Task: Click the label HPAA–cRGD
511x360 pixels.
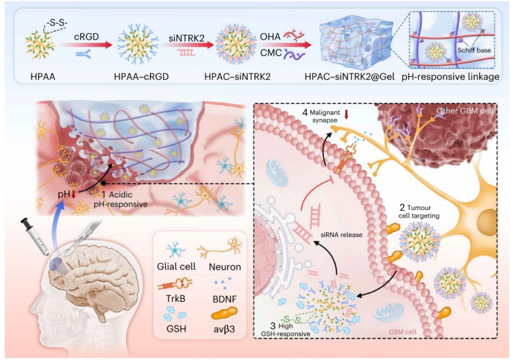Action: (141, 76)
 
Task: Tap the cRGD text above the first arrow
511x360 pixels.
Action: (86, 37)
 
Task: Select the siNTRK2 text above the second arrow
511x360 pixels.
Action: (186, 38)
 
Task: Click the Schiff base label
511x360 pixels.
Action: (474, 50)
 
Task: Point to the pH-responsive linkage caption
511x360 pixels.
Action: (450, 76)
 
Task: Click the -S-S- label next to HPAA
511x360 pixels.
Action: (57, 23)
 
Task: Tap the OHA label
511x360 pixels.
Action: (270, 36)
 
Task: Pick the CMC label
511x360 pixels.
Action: (271, 52)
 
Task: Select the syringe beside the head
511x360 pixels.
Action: (35, 236)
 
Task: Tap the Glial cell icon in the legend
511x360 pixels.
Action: (175, 250)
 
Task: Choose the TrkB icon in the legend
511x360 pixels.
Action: (175, 284)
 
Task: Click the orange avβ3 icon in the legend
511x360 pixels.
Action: (224, 314)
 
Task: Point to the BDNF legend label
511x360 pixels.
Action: (224, 299)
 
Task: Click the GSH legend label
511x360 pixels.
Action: (176, 328)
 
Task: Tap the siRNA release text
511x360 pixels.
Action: (341, 235)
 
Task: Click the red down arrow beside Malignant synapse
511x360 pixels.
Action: (347, 114)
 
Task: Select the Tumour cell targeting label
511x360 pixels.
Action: (419, 211)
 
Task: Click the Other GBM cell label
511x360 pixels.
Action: (465, 111)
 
